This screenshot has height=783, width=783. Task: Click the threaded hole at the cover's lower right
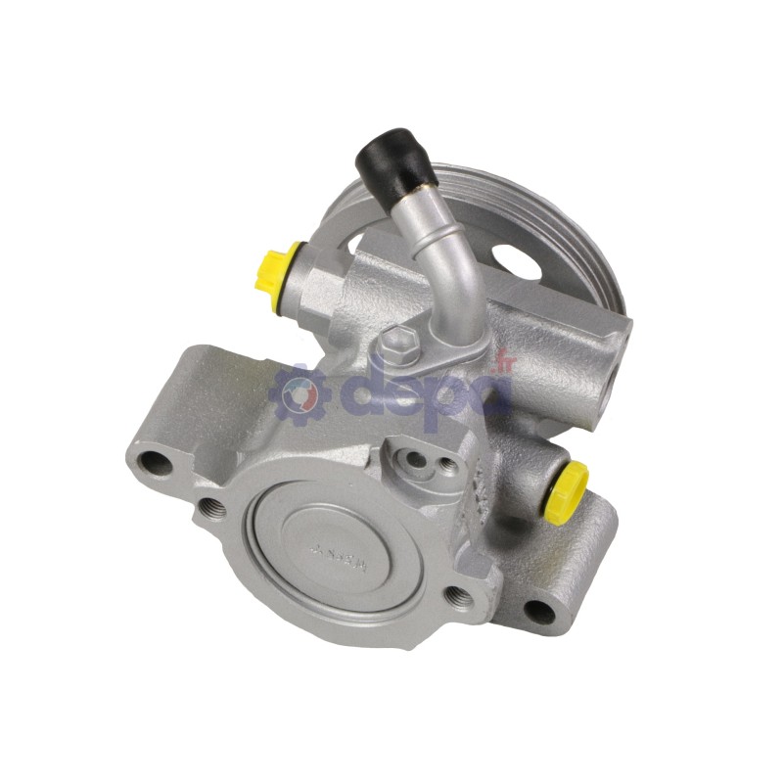(x=456, y=593)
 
